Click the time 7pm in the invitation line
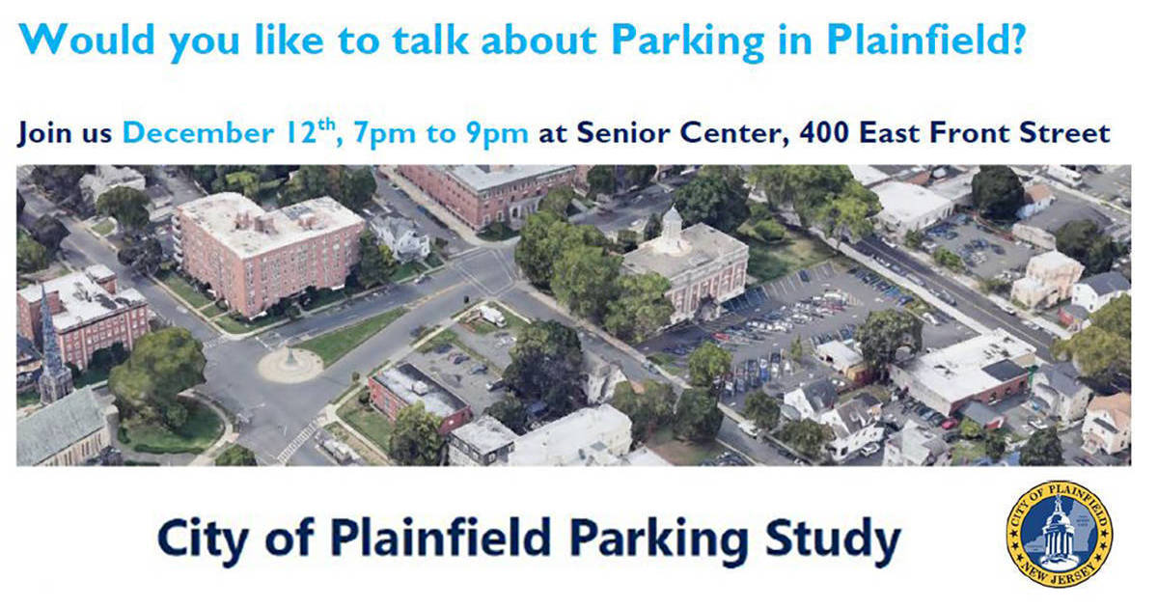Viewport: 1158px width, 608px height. (380, 132)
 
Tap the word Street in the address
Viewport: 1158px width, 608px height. (1062, 132)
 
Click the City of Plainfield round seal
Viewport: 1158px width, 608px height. (1059, 534)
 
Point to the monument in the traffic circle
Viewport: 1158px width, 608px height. (289, 359)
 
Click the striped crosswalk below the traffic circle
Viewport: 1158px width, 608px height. (296, 440)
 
